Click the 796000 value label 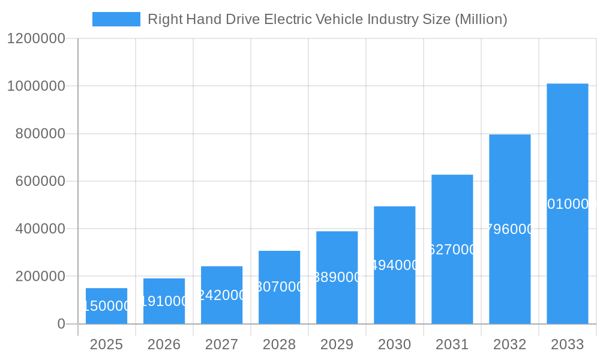point(509,229)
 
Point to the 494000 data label point(394,265)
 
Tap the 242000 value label point(221,295)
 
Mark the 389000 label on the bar point(337,277)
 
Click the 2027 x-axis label point(221,344)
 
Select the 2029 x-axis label point(337,344)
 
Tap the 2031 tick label point(452,344)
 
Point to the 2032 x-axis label point(509,344)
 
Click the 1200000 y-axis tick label point(36,38)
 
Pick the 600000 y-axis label point(40,181)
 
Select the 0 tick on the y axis point(61,324)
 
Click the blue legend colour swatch point(116,19)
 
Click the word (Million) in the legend point(481,19)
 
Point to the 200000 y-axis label point(40,277)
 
